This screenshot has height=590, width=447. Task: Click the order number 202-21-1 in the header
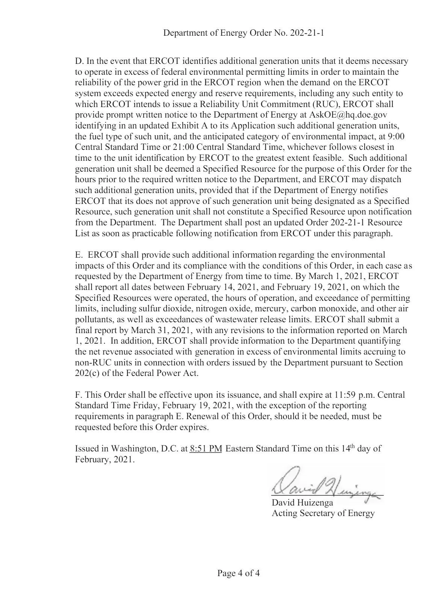pyautogui.click(x=307, y=33)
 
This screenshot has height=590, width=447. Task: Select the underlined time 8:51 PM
pyautogui.click(x=206, y=448)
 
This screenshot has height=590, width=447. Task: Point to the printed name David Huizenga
pyautogui.click(x=302, y=502)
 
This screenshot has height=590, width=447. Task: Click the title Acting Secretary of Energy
pyautogui.click(x=323, y=513)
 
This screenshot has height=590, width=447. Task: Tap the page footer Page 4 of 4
pyautogui.click(x=239, y=573)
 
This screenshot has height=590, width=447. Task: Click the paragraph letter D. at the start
pyautogui.click(x=79, y=61)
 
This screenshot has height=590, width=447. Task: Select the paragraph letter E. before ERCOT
pyautogui.click(x=79, y=255)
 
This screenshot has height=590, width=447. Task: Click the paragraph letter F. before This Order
pyautogui.click(x=79, y=395)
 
